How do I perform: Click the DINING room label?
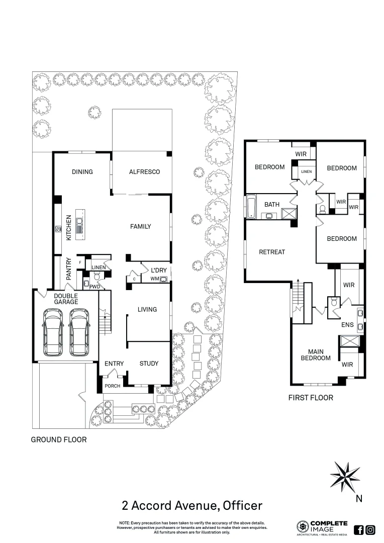point(82,172)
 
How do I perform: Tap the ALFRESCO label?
point(144,172)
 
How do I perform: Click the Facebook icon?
point(359,529)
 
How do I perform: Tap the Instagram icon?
point(370,529)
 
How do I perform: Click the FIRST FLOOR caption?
point(311,398)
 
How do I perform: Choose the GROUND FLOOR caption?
point(59,439)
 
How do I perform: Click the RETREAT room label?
point(272,252)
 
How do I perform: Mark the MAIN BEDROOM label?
point(316,354)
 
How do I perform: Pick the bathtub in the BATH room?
point(251,207)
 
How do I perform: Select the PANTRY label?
point(69,269)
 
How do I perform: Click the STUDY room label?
point(149,364)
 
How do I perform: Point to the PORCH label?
point(113,386)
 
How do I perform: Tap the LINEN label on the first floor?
point(307,172)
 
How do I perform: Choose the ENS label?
point(348,325)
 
